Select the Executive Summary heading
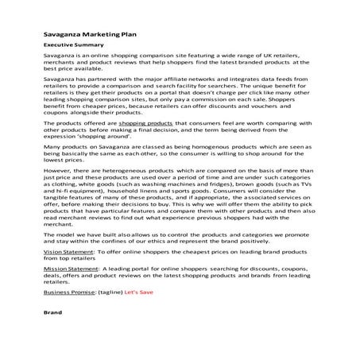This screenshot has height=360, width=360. pyautogui.click(x=70, y=47)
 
